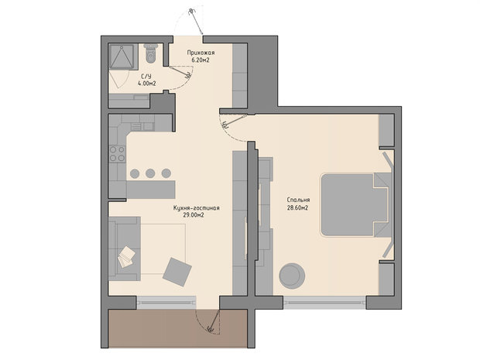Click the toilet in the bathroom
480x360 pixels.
(151, 53)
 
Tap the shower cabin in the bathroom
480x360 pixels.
(122, 57)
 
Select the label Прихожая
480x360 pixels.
(201, 53)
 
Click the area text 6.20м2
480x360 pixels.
(201, 60)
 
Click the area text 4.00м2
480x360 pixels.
(147, 83)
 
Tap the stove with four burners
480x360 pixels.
(118, 153)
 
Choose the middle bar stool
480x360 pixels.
(150, 173)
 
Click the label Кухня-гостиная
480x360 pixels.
(196, 207)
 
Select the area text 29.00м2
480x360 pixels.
(194, 215)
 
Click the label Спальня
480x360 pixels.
(298, 200)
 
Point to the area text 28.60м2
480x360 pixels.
(297, 207)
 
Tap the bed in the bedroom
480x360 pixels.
(356, 205)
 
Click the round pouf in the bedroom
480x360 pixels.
(292, 276)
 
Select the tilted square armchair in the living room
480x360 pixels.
(177, 272)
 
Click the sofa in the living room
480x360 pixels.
(125, 249)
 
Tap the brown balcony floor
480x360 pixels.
(177, 328)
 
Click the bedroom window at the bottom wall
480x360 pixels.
(324, 303)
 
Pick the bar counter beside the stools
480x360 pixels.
(151, 190)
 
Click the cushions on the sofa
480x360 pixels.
(126, 257)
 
